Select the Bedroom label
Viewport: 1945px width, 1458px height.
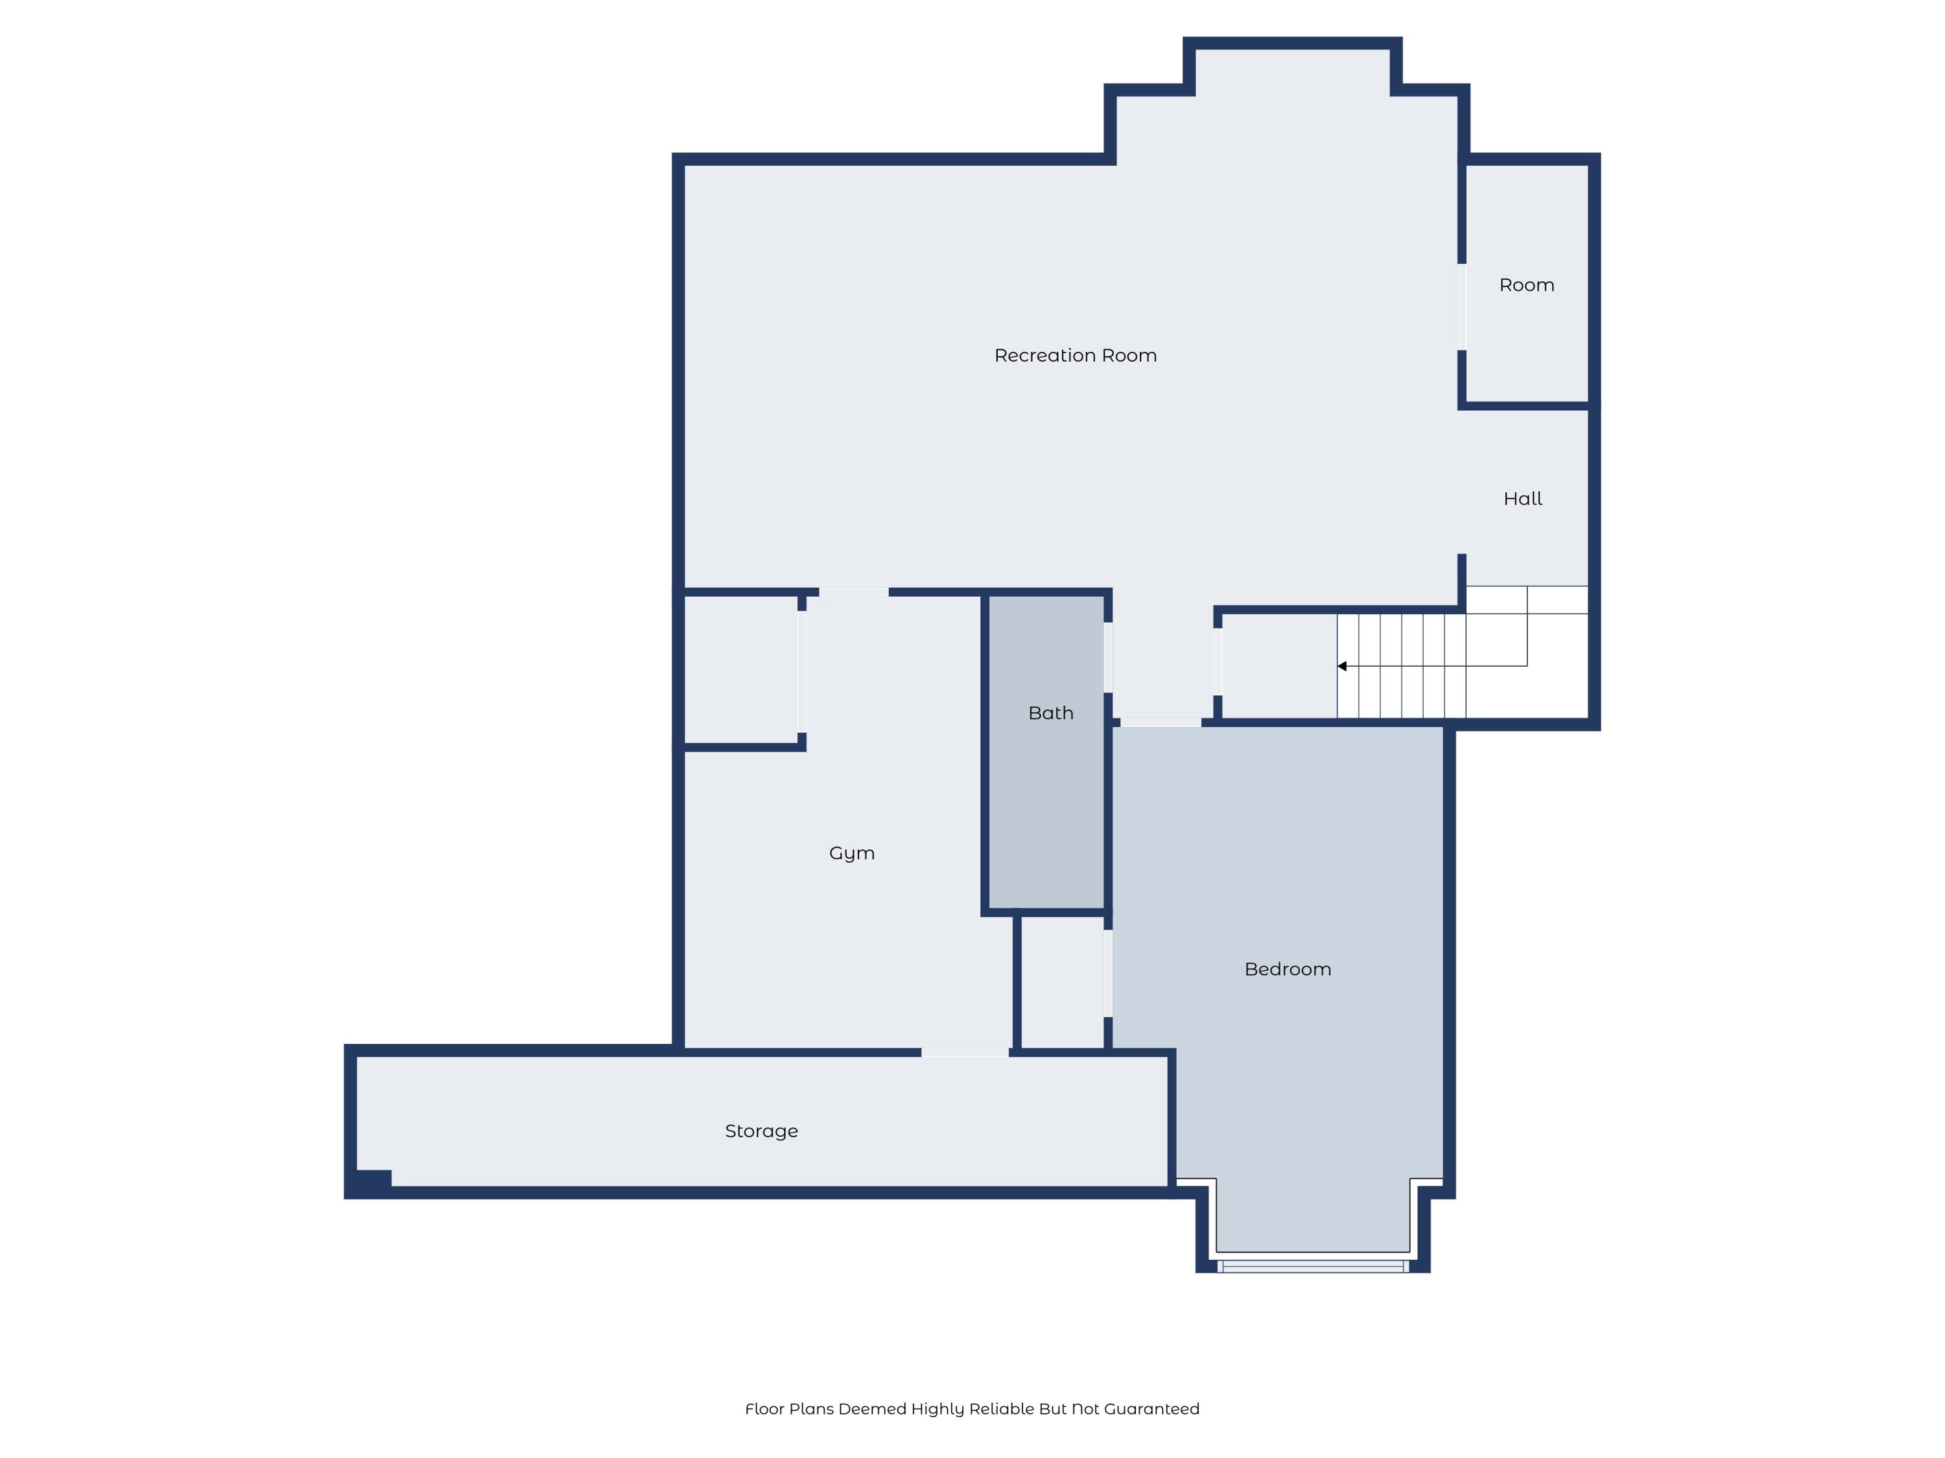pyautogui.click(x=1288, y=969)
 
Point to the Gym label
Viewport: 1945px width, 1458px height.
pyautogui.click(x=851, y=853)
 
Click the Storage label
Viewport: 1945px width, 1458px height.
pyautogui.click(x=760, y=1131)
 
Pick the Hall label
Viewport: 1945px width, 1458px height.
pyautogui.click(x=1522, y=498)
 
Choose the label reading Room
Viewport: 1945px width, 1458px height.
pyautogui.click(x=1526, y=284)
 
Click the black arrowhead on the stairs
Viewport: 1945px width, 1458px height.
pyautogui.click(x=1342, y=666)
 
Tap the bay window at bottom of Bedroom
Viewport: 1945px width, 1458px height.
pyautogui.click(x=1312, y=1266)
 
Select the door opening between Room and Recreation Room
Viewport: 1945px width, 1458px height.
pyautogui.click(x=1461, y=307)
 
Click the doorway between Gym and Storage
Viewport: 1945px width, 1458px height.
pyautogui.click(x=965, y=1052)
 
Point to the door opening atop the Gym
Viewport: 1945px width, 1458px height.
pyautogui.click(x=853, y=592)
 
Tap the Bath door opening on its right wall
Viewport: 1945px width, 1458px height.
pyautogui.click(x=1108, y=657)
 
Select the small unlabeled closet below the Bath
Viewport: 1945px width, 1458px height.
pyautogui.click(x=1061, y=982)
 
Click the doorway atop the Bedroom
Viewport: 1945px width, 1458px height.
pyautogui.click(x=1160, y=723)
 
